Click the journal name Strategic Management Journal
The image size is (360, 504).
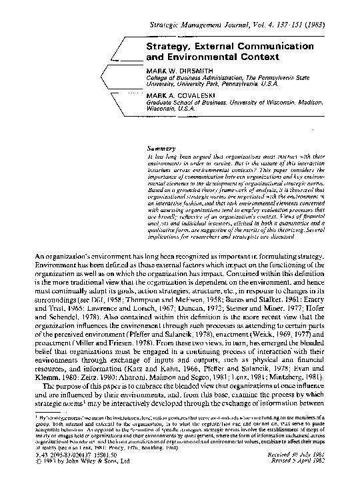click(x=201, y=25)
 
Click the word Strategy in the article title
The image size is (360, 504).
click(x=169, y=47)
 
